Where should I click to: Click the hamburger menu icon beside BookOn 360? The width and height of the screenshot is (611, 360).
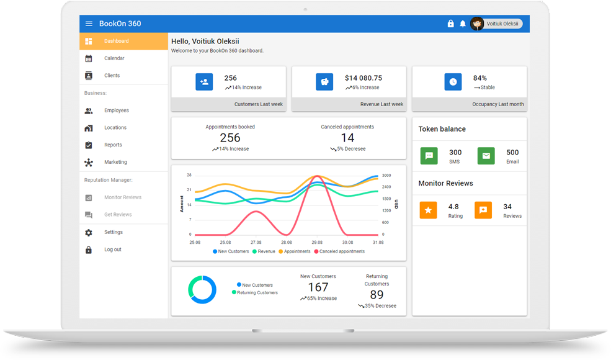pyautogui.click(x=89, y=24)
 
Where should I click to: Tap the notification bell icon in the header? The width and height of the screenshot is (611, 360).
pyautogui.click(x=463, y=24)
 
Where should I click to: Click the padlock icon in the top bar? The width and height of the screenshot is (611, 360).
pyautogui.click(x=451, y=24)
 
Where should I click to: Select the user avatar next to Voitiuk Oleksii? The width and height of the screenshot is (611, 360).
pyautogui.click(x=477, y=24)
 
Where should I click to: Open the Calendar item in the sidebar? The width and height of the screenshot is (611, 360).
pyautogui.click(x=114, y=58)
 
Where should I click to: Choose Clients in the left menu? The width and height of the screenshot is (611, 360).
pyautogui.click(x=112, y=76)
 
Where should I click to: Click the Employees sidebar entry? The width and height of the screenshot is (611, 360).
pyautogui.click(x=117, y=110)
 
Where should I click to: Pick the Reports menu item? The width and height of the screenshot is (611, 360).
pyautogui.click(x=113, y=145)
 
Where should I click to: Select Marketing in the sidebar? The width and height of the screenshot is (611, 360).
pyautogui.click(x=115, y=163)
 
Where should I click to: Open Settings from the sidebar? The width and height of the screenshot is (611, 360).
pyautogui.click(x=114, y=232)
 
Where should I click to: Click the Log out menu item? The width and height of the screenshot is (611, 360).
pyautogui.click(x=113, y=250)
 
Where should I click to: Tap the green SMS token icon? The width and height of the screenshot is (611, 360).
pyautogui.click(x=429, y=156)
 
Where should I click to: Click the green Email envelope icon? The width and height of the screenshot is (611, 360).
pyautogui.click(x=486, y=156)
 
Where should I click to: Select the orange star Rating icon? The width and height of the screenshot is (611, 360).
pyautogui.click(x=429, y=210)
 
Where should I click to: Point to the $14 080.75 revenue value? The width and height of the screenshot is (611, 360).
pyautogui.click(x=363, y=78)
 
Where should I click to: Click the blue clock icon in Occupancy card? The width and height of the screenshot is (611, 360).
pyautogui.click(x=453, y=82)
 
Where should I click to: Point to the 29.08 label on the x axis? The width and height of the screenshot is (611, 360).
pyautogui.click(x=317, y=243)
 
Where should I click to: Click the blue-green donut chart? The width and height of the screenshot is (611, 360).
pyautogui.click(x=202, y=290)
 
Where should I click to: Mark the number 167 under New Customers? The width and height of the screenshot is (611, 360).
pyautogui.click(x=318, y=287)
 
